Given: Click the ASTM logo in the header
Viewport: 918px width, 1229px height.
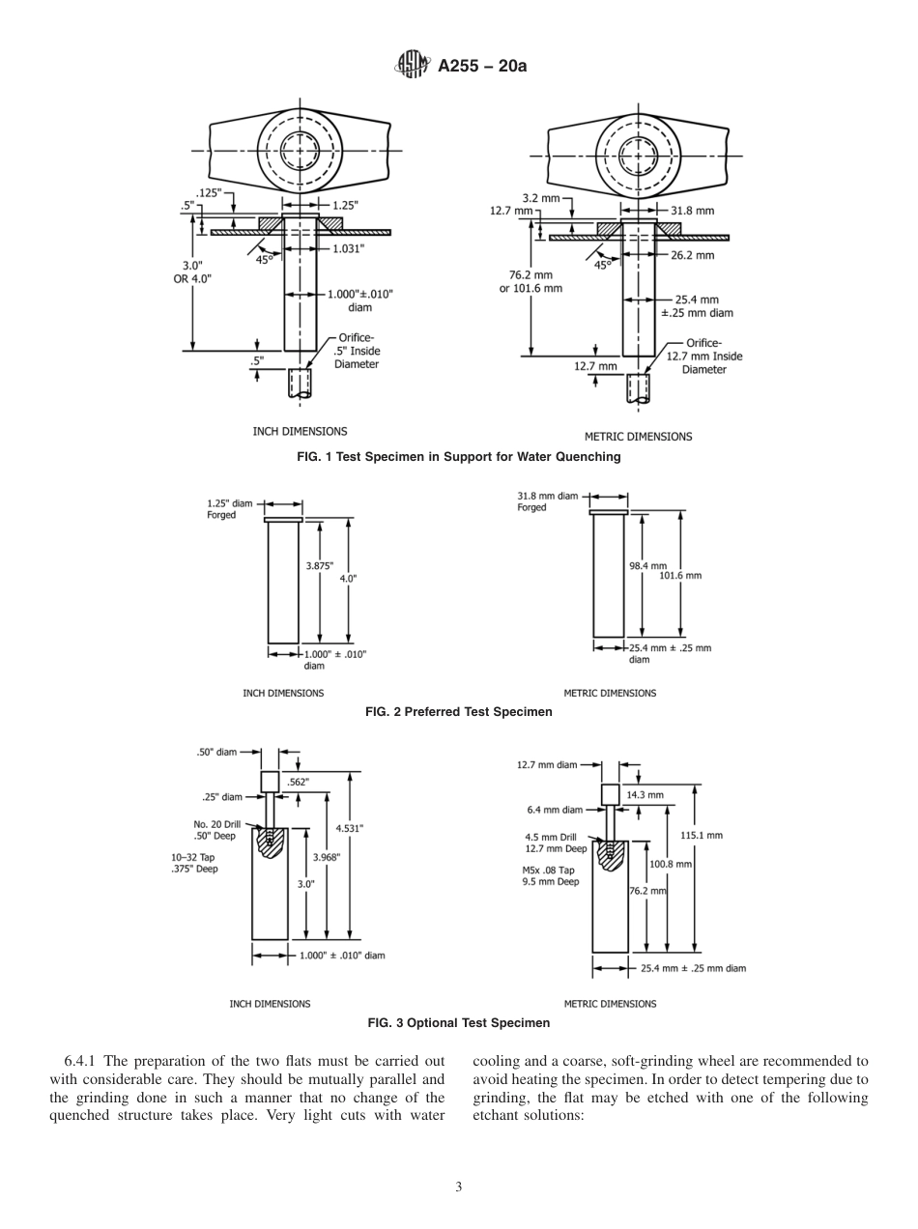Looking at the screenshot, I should pos(412,66).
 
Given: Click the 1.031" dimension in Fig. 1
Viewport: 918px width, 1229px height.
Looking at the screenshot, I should pos(349,247).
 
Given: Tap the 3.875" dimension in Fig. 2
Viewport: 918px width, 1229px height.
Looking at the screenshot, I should pos(320,566).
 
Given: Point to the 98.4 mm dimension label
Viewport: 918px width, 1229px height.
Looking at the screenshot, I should pos(647,566).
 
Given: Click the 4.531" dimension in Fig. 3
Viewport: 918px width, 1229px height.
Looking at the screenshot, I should pos(350,828).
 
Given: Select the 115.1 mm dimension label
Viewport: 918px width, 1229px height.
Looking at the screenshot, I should pos(702,835).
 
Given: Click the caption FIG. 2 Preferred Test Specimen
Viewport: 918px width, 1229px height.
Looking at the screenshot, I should pos(458,712).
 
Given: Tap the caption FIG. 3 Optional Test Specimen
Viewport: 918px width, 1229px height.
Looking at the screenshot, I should pos(458,1022).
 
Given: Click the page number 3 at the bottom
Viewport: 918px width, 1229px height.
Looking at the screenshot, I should pos(459,1187).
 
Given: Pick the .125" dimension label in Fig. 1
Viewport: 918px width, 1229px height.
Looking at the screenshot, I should pos(209,193).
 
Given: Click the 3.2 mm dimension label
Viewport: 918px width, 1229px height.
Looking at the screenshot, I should pos(540,197).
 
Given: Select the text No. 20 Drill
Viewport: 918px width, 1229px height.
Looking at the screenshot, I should pos(215,824).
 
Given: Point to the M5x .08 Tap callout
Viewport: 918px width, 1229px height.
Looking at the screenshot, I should pos(548,870).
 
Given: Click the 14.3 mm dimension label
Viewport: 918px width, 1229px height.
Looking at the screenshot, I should pos(645,795).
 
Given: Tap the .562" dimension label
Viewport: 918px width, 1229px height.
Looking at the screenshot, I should pos(299,783).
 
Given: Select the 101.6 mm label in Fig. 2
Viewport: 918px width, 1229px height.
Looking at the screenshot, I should pos(680,576).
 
